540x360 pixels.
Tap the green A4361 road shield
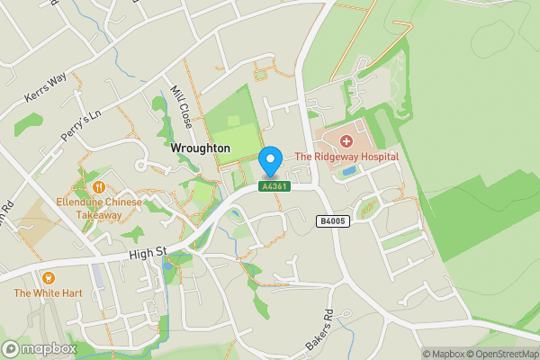click(x=274, y=186)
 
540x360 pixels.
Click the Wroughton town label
click(x=200, y=148)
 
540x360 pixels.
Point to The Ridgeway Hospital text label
click(x=346, y=157)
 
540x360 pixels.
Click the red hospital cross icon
click(x=346, y=141)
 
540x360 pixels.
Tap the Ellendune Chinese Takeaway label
click(x=99, y=209)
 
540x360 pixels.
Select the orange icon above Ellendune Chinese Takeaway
click(x=99, y=186)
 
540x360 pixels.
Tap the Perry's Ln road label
click(x=78, y=123)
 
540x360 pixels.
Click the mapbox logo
click(x=40, y=348)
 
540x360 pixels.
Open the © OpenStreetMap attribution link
click(x=502, y=354)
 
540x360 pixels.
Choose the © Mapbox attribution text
click(x=443, y=354)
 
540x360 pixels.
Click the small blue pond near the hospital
click(x=348, y=172)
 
